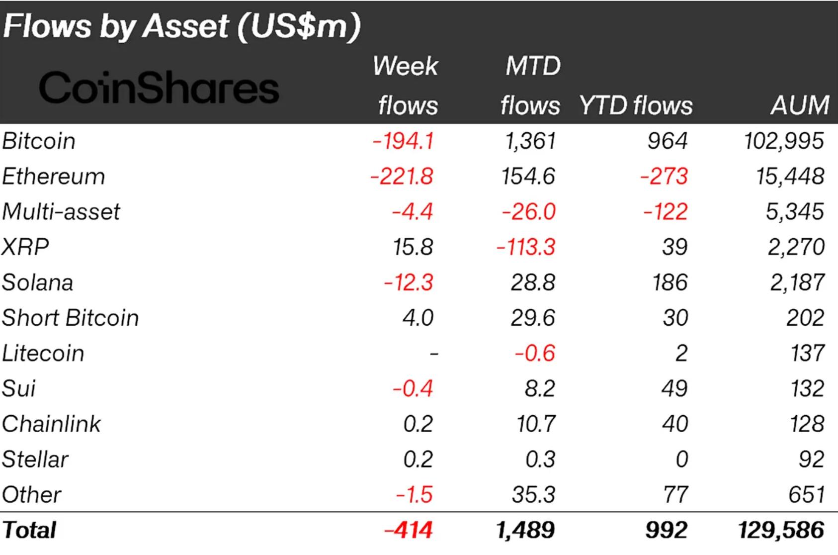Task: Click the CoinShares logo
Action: pyautogui.click(x=159, y=89)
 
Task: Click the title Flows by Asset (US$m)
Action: pyautogui.click(x=181, y=26)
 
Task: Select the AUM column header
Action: pyautogui.click(x=799, y=105)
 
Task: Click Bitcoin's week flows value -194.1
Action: pyautogui.click(x=403, y=141)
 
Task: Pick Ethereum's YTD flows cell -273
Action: pyautogui.click(x=664, y=177)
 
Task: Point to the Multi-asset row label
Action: pyautogui.click(x=61, y=212)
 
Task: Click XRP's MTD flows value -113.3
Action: pyautogui.click(x=526, y=247)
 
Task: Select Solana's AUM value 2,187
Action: pyautogui.click(x=797, y=282)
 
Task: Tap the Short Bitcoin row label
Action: pyautogui.click(x=70, y=318)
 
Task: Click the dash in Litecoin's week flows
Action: pyautogui.click(x=433, y=354)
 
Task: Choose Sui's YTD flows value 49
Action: pyautogui.click(x=674, y=388)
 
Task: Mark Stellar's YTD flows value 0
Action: pyautogui.click(x=681, y=460)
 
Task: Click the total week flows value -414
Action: pyautogui.click(x=408, y=530)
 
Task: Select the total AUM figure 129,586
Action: pyautogui.click(x=781, y=530)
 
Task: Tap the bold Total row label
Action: pyautogui.click(x=29, y=530)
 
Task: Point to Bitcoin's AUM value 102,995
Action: pyautogui.click(x=784, y=141)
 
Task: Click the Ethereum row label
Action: pyautogui.click(x=53, y=177)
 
